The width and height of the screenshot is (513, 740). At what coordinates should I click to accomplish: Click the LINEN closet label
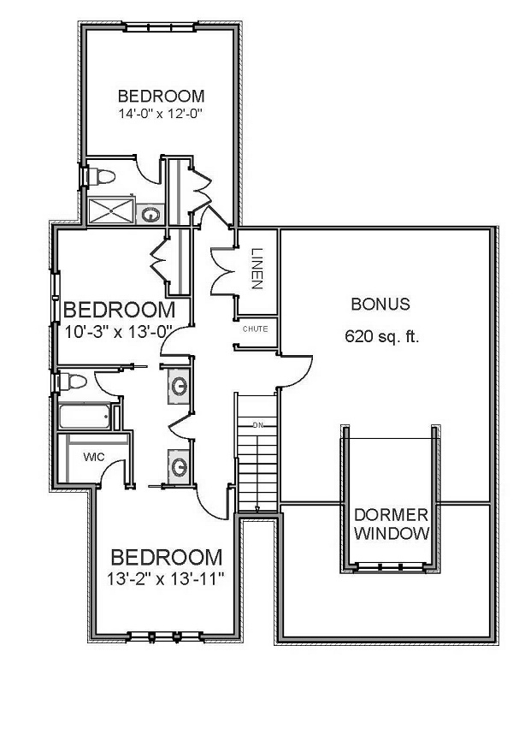pos(257,268)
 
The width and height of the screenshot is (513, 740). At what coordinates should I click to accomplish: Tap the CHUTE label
pos(255,329)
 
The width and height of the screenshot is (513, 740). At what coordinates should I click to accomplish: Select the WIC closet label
pos(93,457)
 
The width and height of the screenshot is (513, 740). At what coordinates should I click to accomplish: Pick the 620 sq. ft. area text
pos(381,336)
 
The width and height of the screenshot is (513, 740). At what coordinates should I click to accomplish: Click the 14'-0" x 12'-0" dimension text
pos(161,112)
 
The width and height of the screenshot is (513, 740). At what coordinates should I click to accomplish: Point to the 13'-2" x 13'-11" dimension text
pos(167,579)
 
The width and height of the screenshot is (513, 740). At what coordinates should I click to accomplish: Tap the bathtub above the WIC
pos(85,417)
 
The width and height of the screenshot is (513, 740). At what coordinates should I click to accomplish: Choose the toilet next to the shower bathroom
pos(100,175)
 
